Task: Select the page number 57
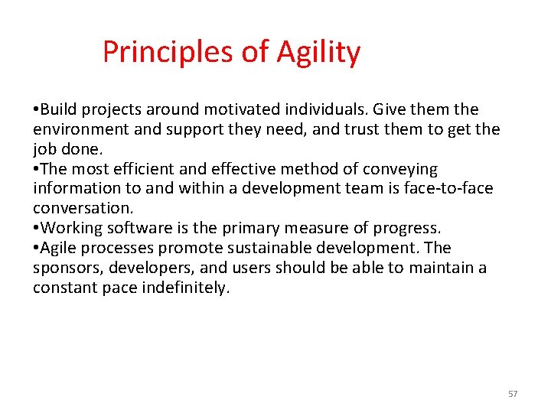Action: [513, 394]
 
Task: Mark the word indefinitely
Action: [185, 288]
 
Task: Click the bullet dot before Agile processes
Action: [36, 249]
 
